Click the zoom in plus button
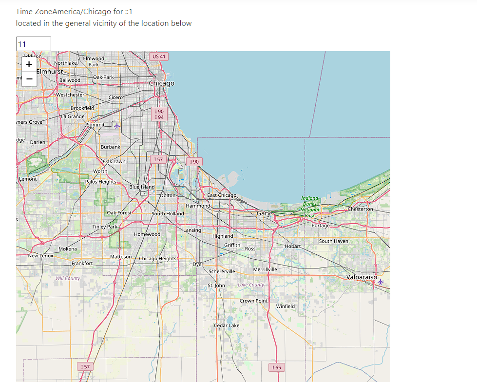29,64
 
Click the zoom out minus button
29,78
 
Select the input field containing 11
33,44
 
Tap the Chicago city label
161,83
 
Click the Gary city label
264,213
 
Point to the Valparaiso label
362,277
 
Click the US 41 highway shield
159,57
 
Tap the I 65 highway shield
277,367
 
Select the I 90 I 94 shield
159,115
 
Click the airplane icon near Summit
116,126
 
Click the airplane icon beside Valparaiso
381,281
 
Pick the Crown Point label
253,301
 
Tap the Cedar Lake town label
227,325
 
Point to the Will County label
68,278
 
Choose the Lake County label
251,285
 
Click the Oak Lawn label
114,161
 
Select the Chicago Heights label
157,258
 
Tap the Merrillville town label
265,269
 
